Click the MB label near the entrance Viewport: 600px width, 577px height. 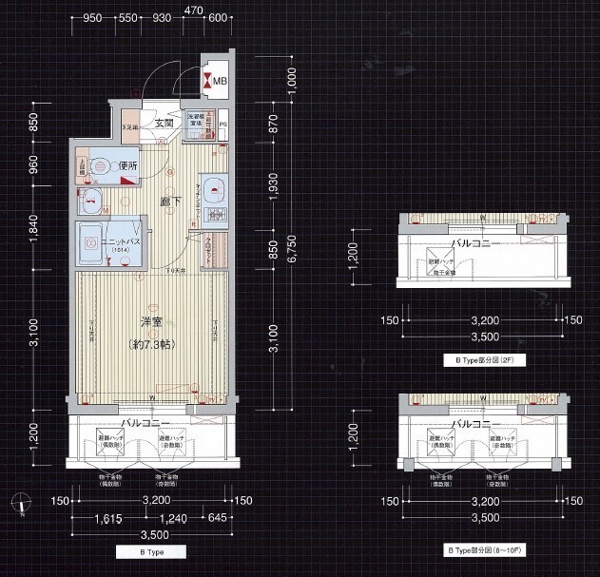click(219, 81)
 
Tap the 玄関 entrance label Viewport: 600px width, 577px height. click(162, 123)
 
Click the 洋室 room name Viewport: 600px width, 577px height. click(145, 322)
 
